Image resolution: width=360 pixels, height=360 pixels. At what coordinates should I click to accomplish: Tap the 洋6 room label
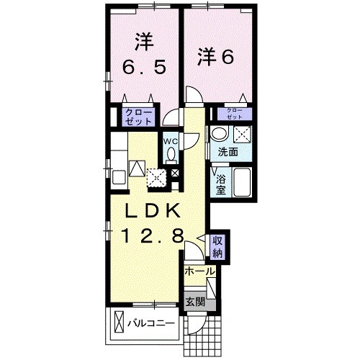[x=215, y=57]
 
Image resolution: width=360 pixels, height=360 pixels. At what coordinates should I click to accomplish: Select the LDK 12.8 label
[x=153, y=222]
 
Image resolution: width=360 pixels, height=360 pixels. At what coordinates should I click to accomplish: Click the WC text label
[x=171, y=141]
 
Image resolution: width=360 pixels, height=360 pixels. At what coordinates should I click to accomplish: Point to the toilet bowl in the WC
[x=171, y=154]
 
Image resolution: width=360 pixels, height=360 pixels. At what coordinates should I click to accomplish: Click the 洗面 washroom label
[x=228, y=152]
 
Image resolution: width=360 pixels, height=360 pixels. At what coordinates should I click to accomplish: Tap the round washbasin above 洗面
[x=219, y=133]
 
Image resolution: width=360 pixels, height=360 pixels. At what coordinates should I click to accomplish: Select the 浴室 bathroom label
[x=221, y=184]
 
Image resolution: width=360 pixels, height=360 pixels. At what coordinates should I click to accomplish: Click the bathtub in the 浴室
[x=242, y=182]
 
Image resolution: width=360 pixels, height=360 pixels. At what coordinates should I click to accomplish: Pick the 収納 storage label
[x=217, y=247]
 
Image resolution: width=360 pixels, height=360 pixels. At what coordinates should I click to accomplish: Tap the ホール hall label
[x=199, y=271]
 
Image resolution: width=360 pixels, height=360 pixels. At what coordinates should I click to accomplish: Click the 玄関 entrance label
[x=196, y=302]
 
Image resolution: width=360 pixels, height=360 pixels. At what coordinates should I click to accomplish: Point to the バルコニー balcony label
[x=151, y=323]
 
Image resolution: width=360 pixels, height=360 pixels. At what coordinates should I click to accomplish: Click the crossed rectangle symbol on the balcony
[x=119, y=322]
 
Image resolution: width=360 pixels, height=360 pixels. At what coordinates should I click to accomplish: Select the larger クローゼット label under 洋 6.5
[x=139, y=117]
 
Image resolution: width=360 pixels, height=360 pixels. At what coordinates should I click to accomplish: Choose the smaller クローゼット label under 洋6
[x=234, y=114]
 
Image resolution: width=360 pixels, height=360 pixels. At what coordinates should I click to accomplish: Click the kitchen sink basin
[x=119, y=177]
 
